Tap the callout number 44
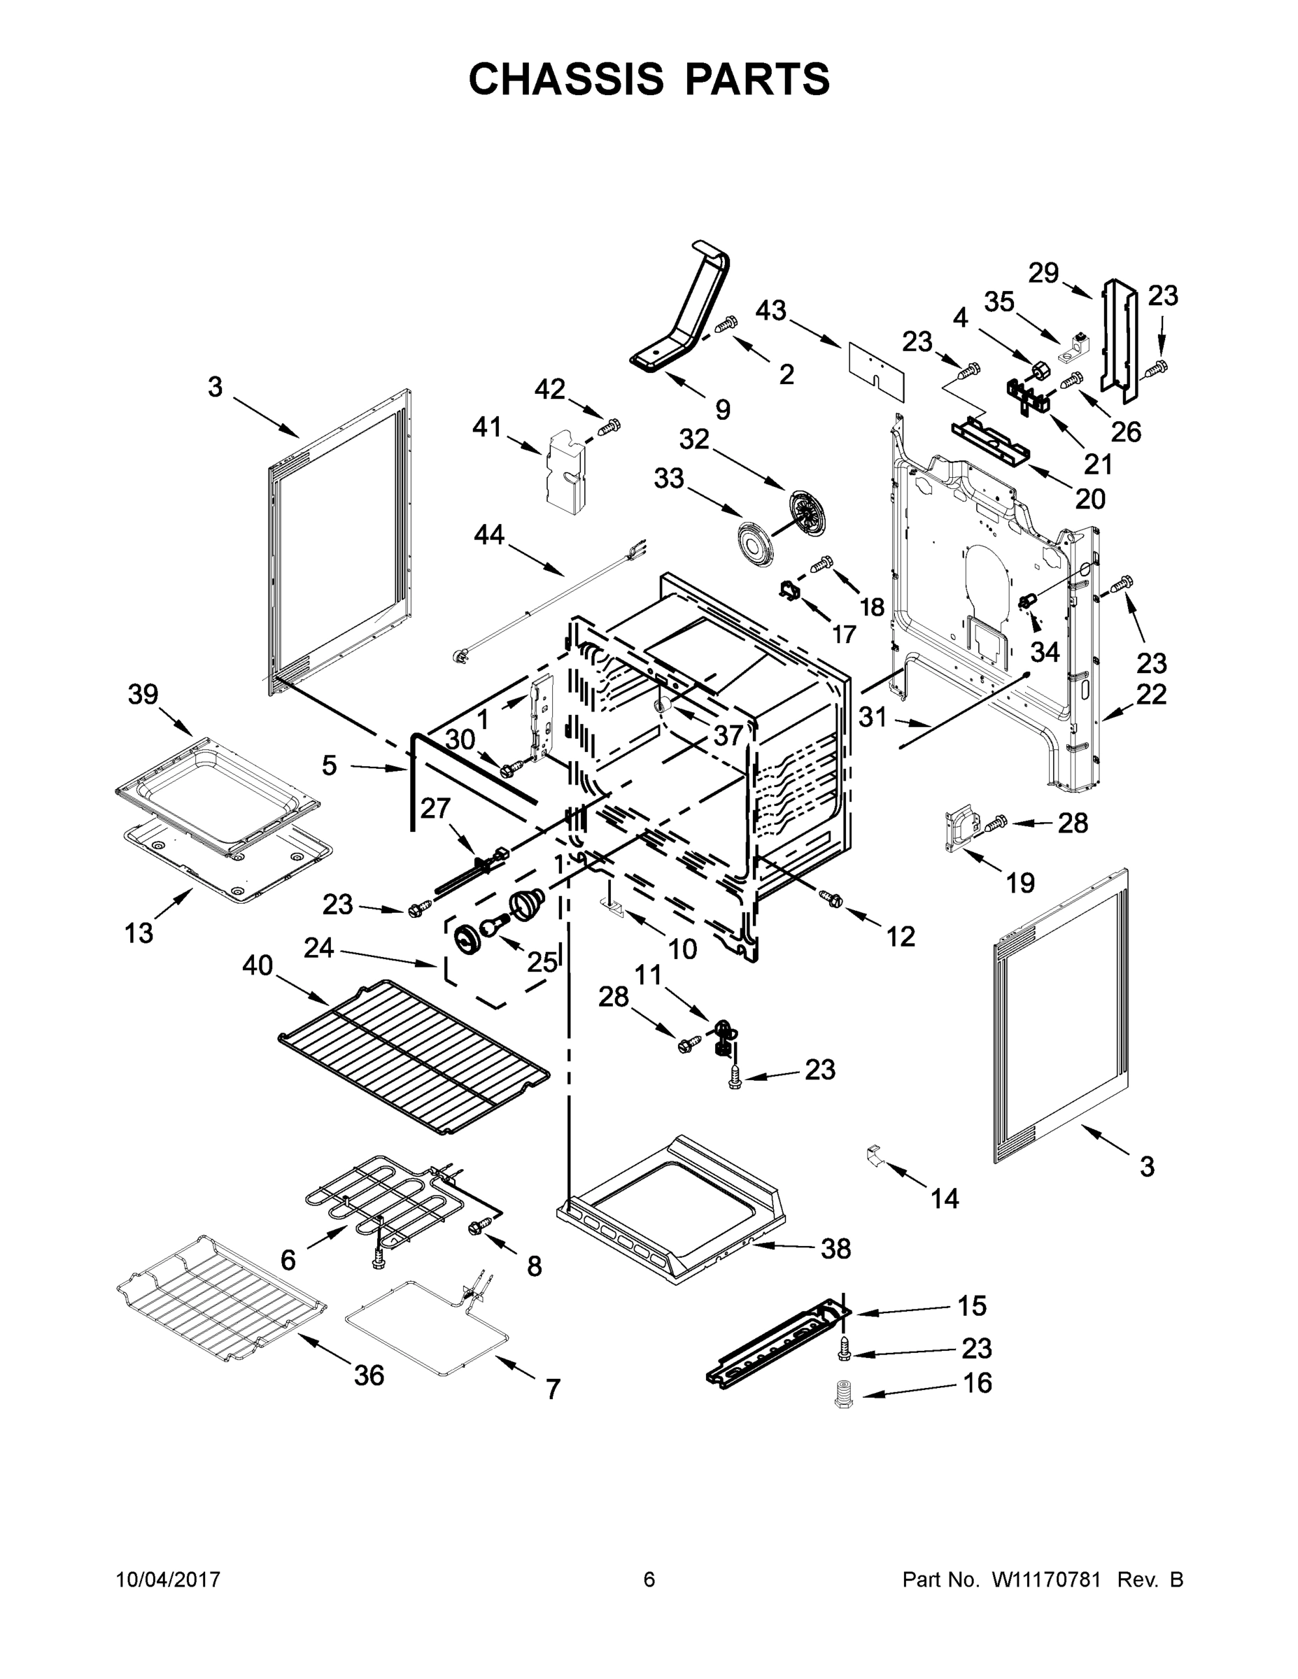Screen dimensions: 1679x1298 point(489,534)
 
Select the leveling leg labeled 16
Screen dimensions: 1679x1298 point(845,1394)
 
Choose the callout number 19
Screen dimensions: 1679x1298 point(1020,884)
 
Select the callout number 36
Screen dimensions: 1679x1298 point(368,1375)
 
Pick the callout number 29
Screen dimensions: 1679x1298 point(1044,273)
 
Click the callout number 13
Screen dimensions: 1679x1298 point(139,933)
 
